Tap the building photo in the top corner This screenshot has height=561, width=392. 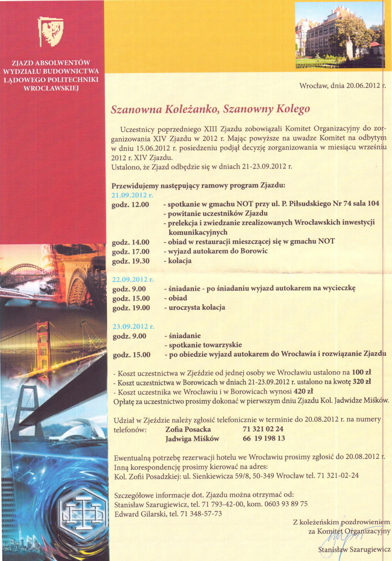[339, 35]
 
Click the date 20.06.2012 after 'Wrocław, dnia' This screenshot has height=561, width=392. [363, 85]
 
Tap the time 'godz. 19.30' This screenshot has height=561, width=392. [131, 261]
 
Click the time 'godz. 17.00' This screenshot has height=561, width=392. [131, 252]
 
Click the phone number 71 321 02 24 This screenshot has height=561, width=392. [263, 429]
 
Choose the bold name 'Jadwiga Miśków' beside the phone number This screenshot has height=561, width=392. [192, 439]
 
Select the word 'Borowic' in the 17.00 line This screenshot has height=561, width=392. [254, 251]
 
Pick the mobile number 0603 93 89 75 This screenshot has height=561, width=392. [286, 504]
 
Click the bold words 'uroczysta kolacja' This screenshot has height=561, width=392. [197, 307]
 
